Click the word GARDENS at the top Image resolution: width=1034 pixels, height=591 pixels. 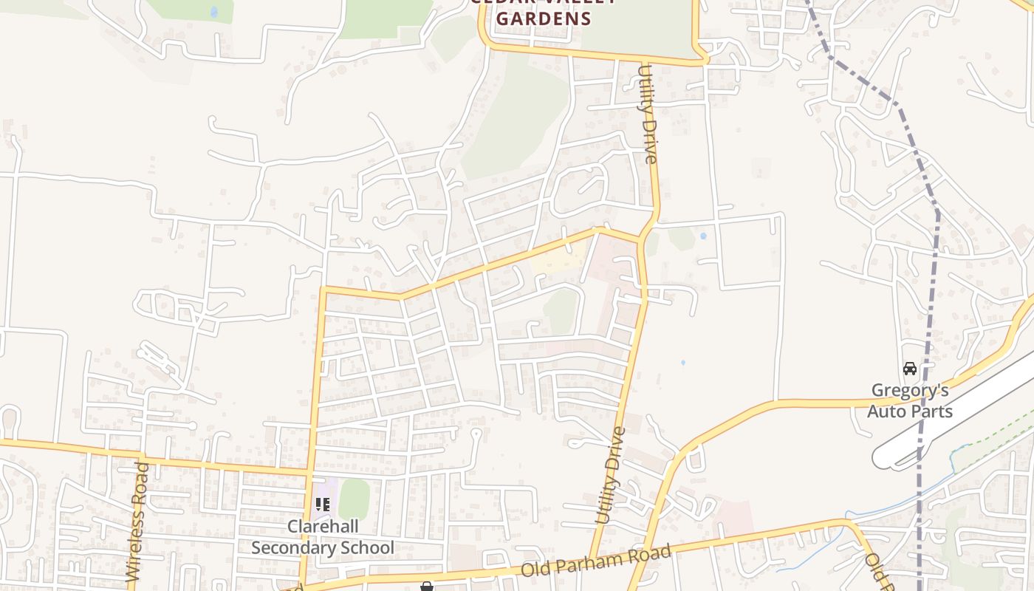[x=544, y=18]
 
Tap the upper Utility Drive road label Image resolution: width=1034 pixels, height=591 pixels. [x=647, y=115]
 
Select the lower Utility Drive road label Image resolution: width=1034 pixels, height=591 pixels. [x=611, y=476]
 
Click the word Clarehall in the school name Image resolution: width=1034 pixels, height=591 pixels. [x=323, y=527]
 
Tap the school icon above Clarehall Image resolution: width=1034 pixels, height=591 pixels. [x=323, y=505]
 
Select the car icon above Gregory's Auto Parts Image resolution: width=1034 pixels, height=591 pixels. [x=910, y=368]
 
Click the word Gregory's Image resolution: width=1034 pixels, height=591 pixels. [x=910, y=390]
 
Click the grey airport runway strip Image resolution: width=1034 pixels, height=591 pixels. [x=960, y=417]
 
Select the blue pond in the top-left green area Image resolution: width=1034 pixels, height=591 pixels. [x=214, y=12]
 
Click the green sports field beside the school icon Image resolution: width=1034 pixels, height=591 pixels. [x=354, y=499]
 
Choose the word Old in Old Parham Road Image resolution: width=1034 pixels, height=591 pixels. [x=538, y=569]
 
